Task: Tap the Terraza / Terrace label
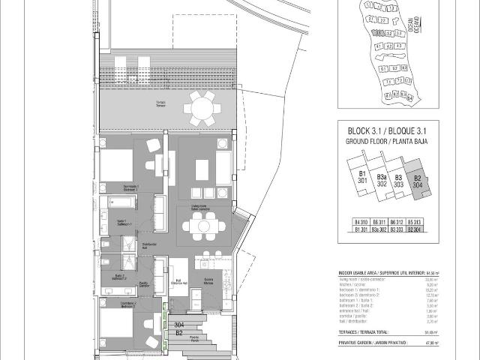pyautogui.click(x=160, y=103)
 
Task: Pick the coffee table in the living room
pyautogui.click(x=201, y=169)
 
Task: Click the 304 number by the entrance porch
pyautogui.click(x=178, y=325)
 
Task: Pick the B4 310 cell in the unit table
pyautogui.click(x=361, y=223)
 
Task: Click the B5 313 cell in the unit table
pyautogui.click(x=415, y=223)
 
